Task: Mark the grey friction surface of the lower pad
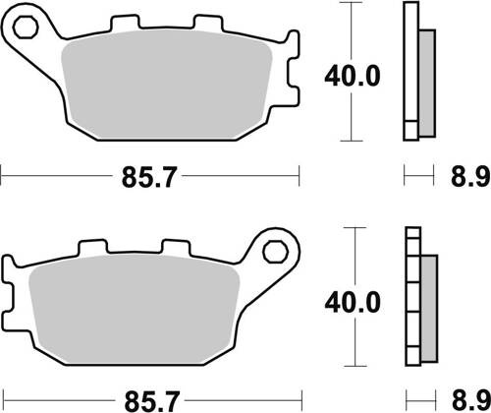pyautogui.click(x=137, y=310)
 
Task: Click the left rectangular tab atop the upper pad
pyautogui.click(x=124, y=23)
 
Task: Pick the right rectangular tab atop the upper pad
pyautogui.click(x=206, y=23)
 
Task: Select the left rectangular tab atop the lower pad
pyautogui.click(x=94, y=250)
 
